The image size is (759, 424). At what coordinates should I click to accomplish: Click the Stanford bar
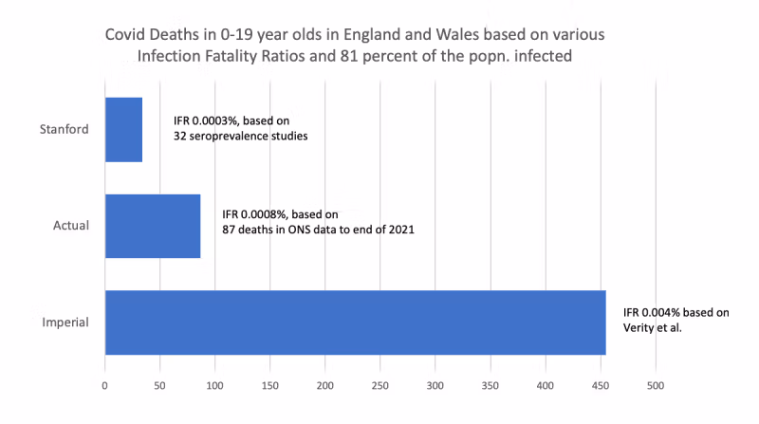(x=123, y=129)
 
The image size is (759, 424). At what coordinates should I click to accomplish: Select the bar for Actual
(x=152, y=226)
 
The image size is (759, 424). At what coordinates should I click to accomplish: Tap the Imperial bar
(x=355, y=323)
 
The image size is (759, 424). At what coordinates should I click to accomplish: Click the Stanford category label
(x=66, y=129)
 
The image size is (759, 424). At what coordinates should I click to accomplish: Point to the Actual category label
(x=72, y=226)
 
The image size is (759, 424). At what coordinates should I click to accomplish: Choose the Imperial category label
(x=66, y=323)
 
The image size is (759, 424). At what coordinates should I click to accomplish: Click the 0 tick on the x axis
(x=104, y=386)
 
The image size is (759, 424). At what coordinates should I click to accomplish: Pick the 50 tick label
(x=159, y=386)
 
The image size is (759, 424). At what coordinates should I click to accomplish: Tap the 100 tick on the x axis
(x=214, y=386)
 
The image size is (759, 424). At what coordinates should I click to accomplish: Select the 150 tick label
(x=269, y=386)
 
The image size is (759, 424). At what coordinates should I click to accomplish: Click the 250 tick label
(x=380, y=386)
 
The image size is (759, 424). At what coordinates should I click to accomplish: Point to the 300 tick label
(x=435, y=386)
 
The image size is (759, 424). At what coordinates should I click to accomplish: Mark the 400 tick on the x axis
(x=546, y=386)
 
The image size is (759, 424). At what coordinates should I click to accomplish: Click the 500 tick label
(x=656, y=386)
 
